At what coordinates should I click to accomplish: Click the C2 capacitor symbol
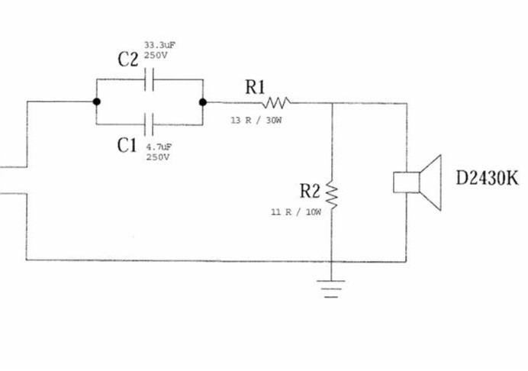pyautogui.click(x=150, y=79)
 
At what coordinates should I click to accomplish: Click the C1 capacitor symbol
pyautogui.click(x=149, y=124)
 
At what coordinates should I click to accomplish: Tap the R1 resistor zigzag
pyautogui.click(x=275, y=103)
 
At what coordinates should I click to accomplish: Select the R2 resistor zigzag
pyautogui.click(x=332, y=195)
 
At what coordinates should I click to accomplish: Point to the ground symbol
pyautogui.click(x=331, y=289)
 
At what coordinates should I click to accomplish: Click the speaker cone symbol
pyautogui.click(x=430, y=182)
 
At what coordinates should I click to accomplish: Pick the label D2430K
pyautogui.click(x=487, y=178)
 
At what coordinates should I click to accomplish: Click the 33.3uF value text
pyautogui.click(x=160, y=45)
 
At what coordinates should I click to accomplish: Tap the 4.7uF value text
pyautogui.click(x=159, y=147)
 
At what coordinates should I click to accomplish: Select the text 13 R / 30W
pyautogui.click(x=256, y=121)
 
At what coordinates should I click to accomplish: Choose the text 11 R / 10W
pyautogui.click(x=296, y=212)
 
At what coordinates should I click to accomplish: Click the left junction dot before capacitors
pyautogui.click(x=97, y=102)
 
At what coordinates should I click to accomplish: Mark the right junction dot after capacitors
pyautogui.click(x=203, y=102)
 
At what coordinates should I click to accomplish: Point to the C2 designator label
pyautogui.click(x=128, y=60)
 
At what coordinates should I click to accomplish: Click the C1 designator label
pyautogui.click(x=127, y=146)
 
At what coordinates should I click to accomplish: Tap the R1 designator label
pyautogui.click(x=255, y=87)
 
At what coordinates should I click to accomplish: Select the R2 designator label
pyautogui.click(x=310, y=191)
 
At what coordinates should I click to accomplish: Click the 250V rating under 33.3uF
pyautogui.click(x=156, y=56)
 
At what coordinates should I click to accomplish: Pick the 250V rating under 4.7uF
pyautogui.click(x=158, y=157)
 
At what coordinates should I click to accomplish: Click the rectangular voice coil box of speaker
pyautogui.click(x=407, y=182)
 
